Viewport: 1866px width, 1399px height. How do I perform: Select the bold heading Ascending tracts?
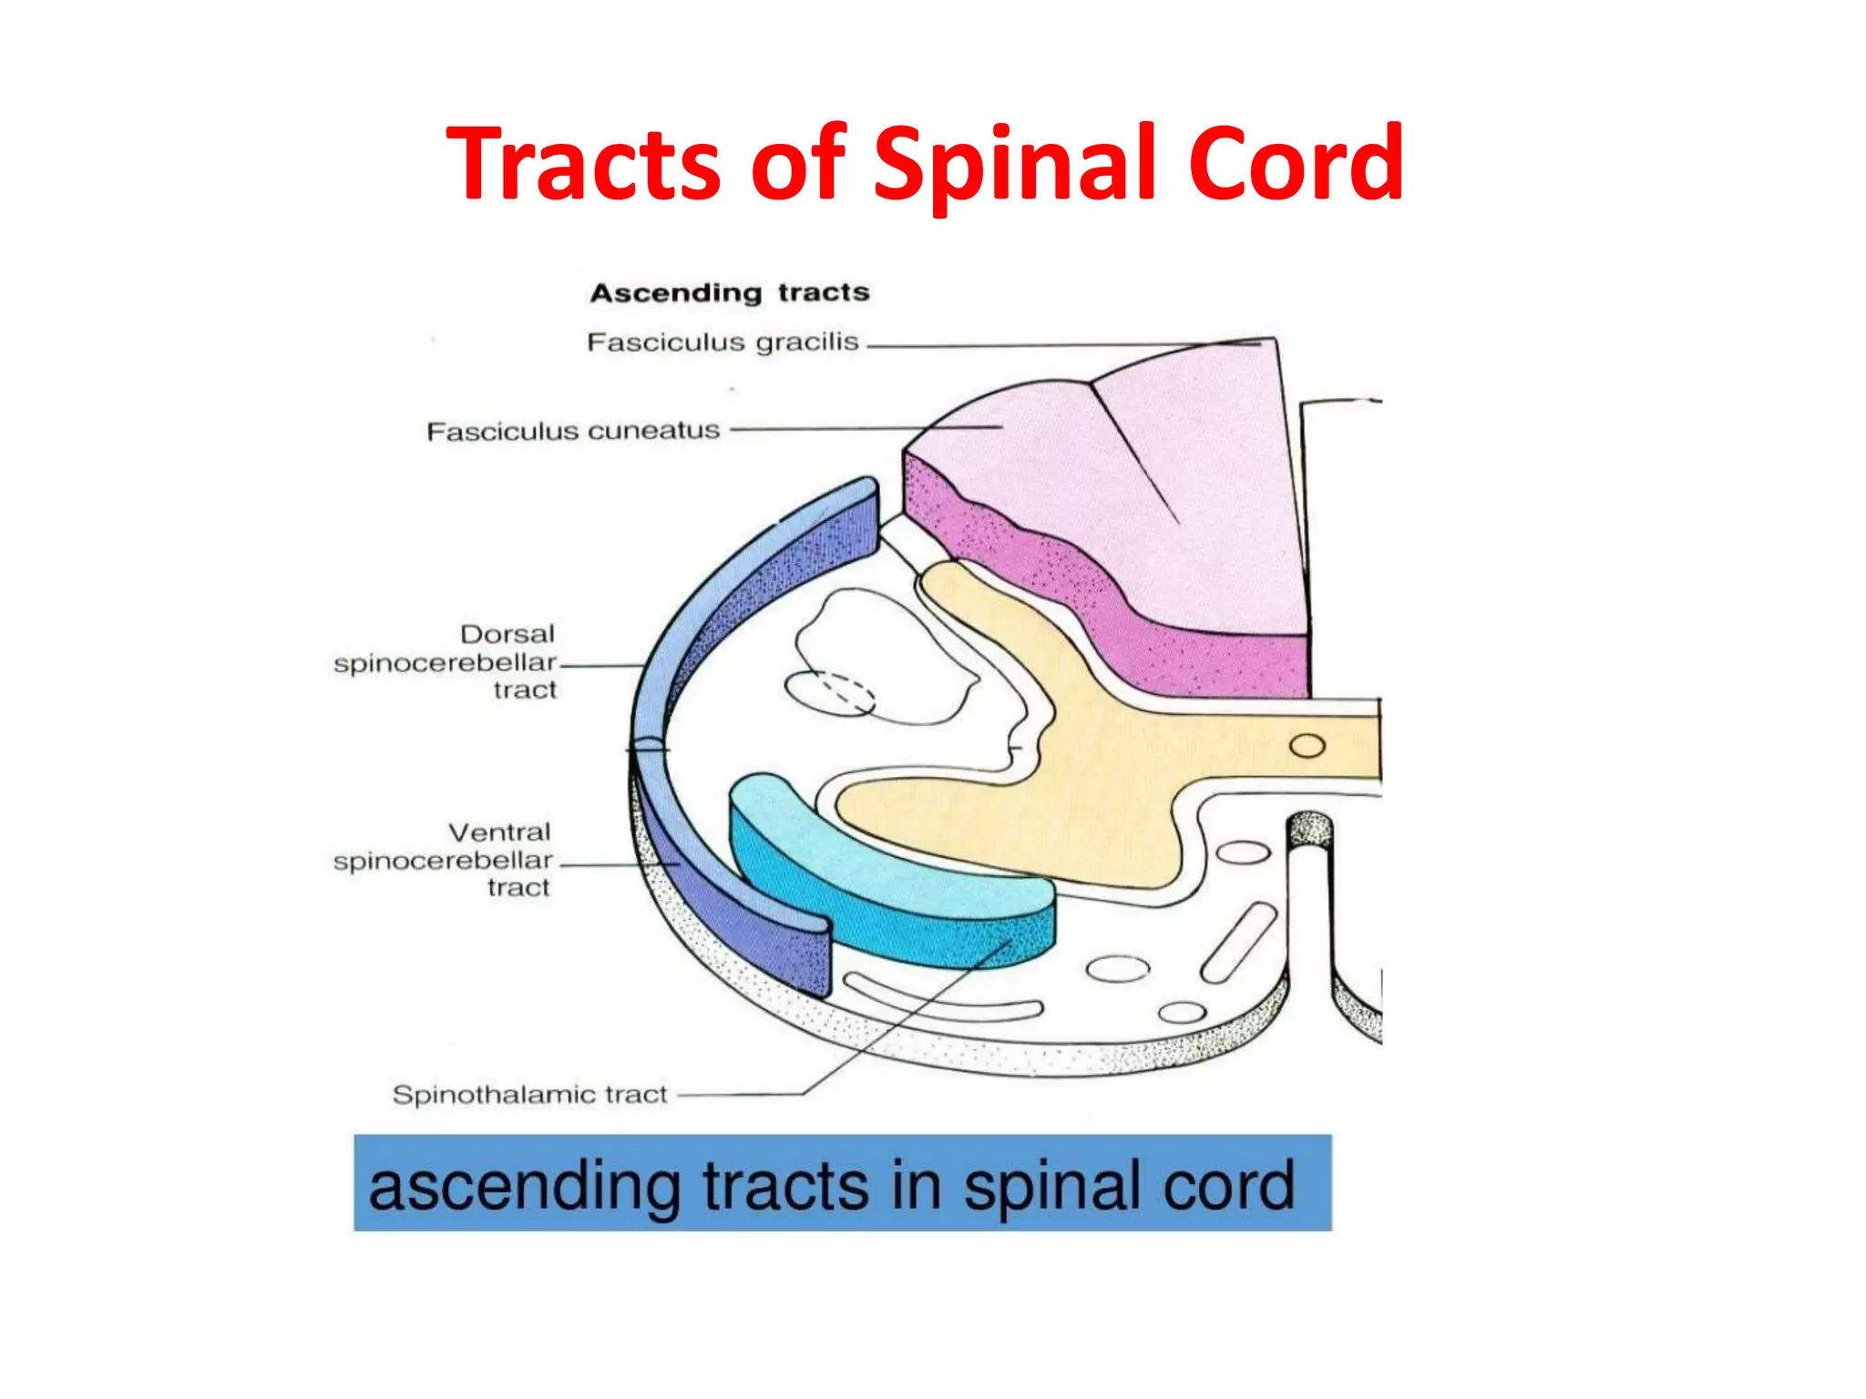(730, 292)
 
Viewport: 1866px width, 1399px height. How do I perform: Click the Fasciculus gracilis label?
(723, 342)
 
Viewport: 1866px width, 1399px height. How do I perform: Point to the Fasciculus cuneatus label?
(573, 431)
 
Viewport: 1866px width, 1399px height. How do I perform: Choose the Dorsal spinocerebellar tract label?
(446, 662)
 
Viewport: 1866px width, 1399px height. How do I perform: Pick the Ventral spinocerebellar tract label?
(444, 860)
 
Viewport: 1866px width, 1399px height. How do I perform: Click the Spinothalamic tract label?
(529, 1094)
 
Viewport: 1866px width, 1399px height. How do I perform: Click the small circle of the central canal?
(1307, 746)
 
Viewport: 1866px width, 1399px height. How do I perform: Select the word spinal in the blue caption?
(1040, 1186)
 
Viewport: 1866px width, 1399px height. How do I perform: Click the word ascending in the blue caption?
(524, 1186)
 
